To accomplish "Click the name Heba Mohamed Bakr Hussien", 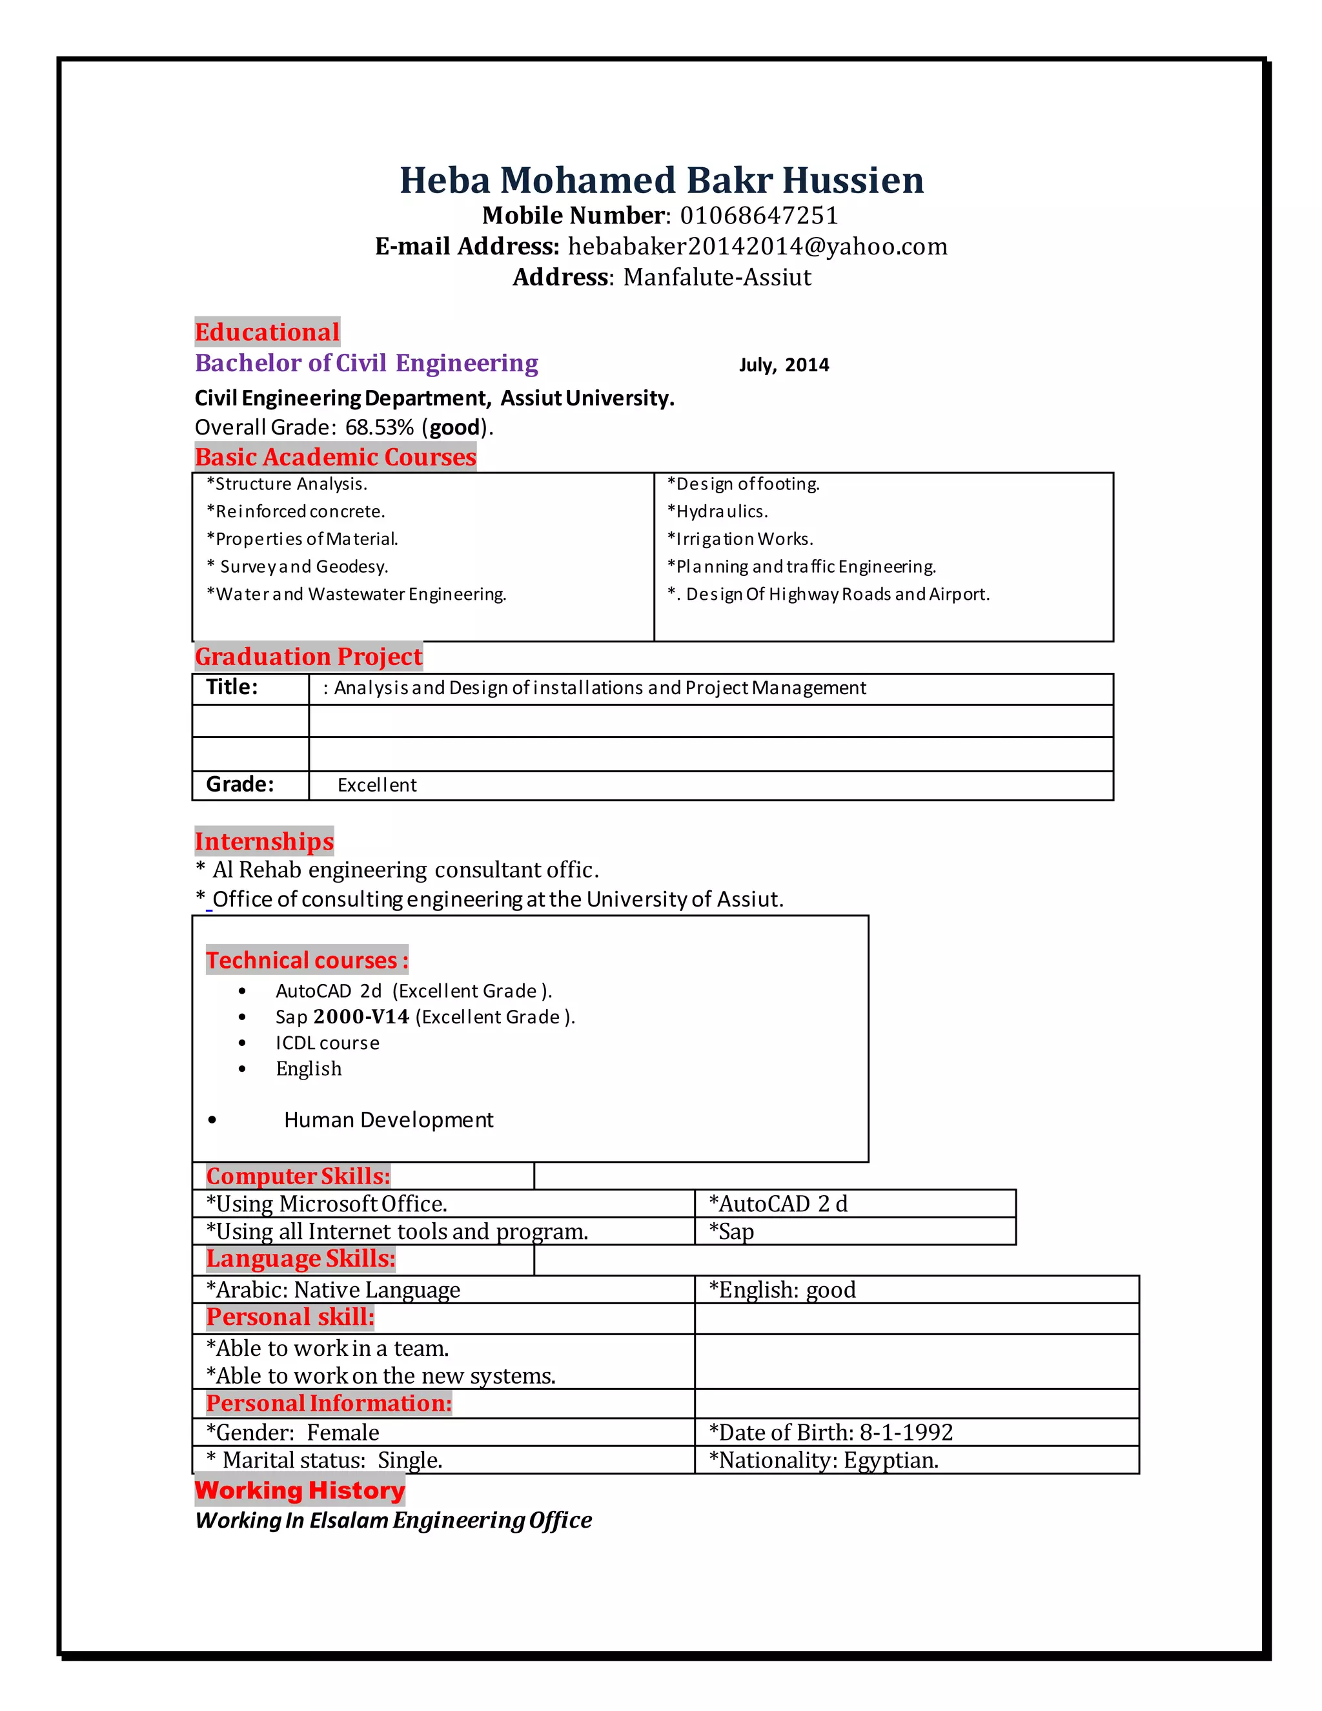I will click(661, 180).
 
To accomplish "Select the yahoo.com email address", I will click(757, 246).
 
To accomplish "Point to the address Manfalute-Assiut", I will click(717, 278).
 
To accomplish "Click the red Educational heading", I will click(267, 332).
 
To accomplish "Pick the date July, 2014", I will click(783, 365).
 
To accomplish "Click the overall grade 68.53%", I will click(379, 427).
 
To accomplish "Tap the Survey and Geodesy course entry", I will click(298, 566).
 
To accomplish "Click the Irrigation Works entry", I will click(740, 539).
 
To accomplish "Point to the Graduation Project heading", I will click(309, 657).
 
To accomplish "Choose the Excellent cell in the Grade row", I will click(377, 785).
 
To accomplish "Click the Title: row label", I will click(232, 687).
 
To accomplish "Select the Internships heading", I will click(264, 841).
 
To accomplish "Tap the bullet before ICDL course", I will click(242, 1043).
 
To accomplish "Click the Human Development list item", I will click(389, 1120).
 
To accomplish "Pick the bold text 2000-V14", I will click(361, 1017).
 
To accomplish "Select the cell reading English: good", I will click(782, 1289).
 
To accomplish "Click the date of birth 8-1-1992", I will click(906, 1432).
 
